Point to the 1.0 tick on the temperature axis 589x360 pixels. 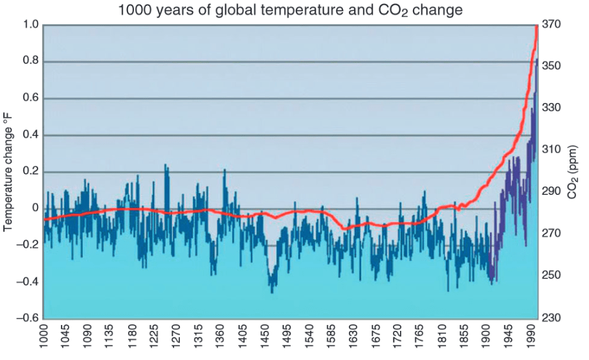click(x=31, y=25)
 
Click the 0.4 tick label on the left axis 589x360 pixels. click(x=31, y=135)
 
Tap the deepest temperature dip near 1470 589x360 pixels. click(x=272, y=291)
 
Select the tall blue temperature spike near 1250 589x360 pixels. click(x=166, y=166)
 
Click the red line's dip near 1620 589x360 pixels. click(x=344, y=229)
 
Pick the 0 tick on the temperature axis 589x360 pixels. click(x=36, y=208)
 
